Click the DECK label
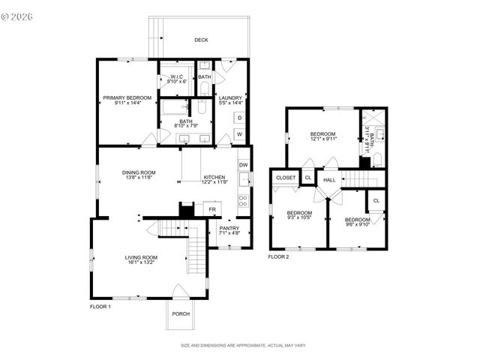[x=201, y=40]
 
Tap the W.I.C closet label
[x=177, y=76]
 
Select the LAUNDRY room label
[x=229, y=98]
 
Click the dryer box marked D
[x=239, y=118]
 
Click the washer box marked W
[x=239, y=133]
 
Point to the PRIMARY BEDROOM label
[x=127, y=98]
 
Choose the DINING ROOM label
[x=139, y=172]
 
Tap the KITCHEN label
[x=214, y=178]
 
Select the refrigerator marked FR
[x=211, y=209]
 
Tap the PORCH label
[x=181, y=313]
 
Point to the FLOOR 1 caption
[x=100, y=306]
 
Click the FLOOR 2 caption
[x=278, y=256]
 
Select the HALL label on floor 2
[x=329, y=180]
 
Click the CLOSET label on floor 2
[x=286, y=178]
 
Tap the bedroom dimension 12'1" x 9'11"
[x=324, y=139]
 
